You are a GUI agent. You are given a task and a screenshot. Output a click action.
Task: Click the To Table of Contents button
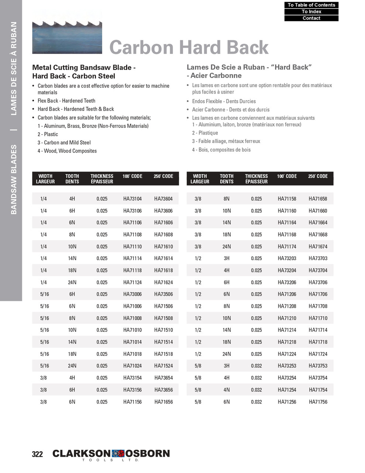pyautogui.click(x=311, y=5)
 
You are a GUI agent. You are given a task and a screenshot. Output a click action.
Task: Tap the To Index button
pyautogui.click(x=311, y=11)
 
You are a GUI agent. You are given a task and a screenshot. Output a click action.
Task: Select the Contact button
pyautogui.click(x=311, y=18)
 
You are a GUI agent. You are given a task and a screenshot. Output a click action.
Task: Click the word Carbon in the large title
pyautogui.click(x=141, y=48)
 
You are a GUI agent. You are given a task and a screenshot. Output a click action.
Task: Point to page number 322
pyautogui.click(x=37, y=454)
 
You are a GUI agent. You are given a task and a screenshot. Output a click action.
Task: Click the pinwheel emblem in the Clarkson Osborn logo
pyautogui.click(x=118, y=453)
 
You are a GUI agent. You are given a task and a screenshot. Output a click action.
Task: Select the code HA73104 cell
pyautogui.click(x=132, y=199)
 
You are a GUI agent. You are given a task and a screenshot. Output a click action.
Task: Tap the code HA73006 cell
pyautogui.click(x=132, y=294)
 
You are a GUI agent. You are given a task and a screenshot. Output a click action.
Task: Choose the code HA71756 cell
pyautogui.click(x=318, y=402)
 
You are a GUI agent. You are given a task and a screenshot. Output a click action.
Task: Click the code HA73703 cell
pyautogui.click(x=318, y=258)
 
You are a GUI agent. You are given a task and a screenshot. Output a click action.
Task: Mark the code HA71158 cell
pyautogui.click(x=287, y=199)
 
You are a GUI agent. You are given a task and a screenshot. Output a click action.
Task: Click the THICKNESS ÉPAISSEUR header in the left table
pyautogui.click(x=102, y=179)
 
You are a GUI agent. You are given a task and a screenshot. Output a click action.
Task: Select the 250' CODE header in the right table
pyautogui.click(x=318, y=176)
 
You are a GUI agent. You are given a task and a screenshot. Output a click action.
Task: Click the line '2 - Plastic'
pyautogui.click(x=48, y=134)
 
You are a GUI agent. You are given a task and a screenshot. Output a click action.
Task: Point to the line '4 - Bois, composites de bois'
pyautogui.click(x=221, y=150)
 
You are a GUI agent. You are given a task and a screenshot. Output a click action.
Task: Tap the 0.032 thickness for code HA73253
pyautogui.click(x=256, y=366)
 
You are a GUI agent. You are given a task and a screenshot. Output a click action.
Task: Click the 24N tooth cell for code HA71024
pyautogui.click(x=72, y=366)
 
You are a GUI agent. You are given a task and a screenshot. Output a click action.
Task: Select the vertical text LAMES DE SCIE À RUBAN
pyautogui.click(x=13, y=69)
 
